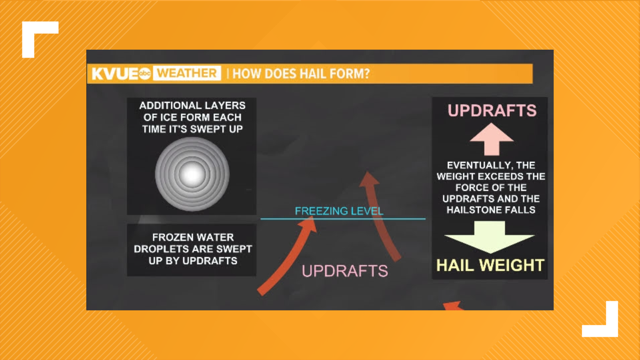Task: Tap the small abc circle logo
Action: coord(145,73)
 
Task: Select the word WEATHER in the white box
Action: coord(187,73)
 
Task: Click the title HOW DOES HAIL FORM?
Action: coord(301,74)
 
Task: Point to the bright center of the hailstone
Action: coord(192,174)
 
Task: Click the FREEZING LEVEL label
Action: coord(339,211)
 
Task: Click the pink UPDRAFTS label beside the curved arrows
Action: coord(345,271)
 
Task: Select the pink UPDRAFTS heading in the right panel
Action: coord(492,111)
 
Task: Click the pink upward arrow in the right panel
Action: coord(491,139)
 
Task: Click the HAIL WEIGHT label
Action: coord(490,266)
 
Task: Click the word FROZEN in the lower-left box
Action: coord(167,237)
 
